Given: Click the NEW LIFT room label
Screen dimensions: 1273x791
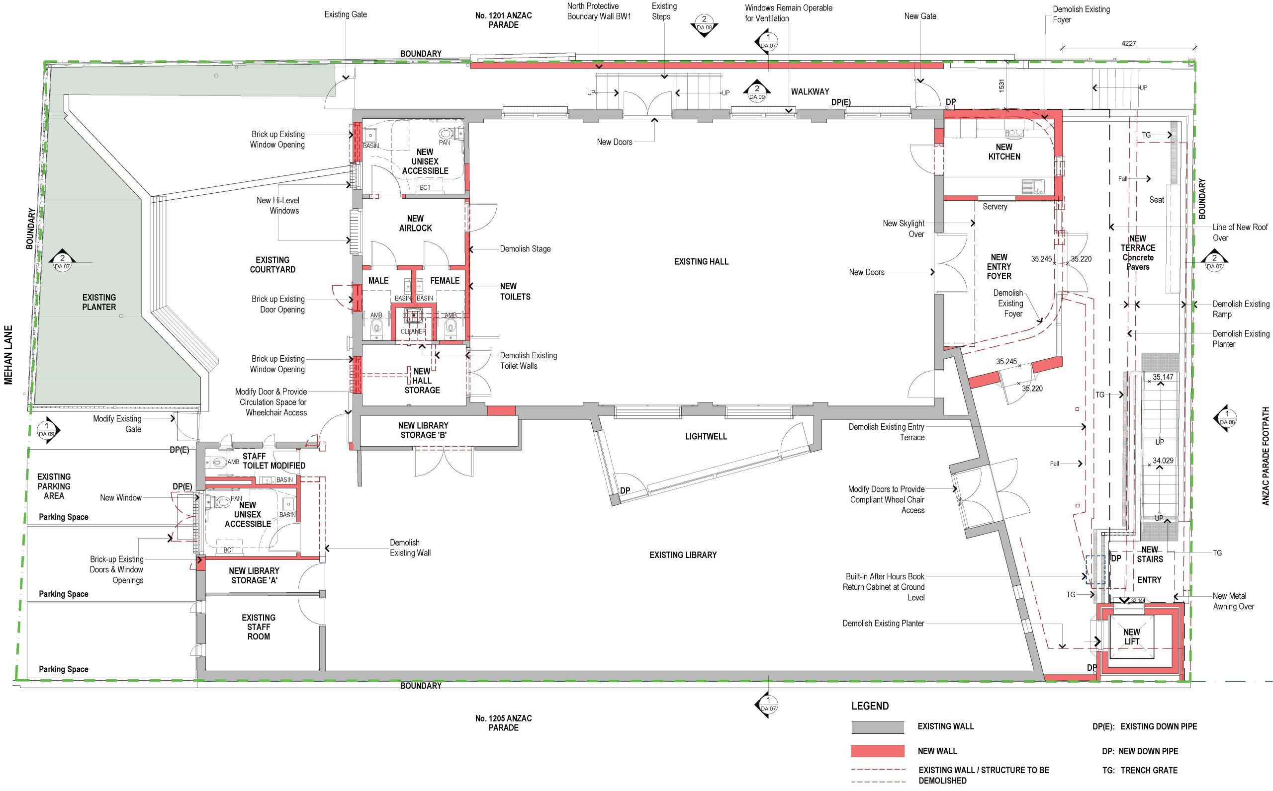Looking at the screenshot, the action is pyautogui.click(x=1131, y=636).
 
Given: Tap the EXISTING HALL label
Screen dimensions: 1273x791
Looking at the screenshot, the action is pyautogui.click(x=701, y=261).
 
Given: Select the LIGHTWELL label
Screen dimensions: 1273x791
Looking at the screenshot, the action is pyautogui.click(x=706, y=436).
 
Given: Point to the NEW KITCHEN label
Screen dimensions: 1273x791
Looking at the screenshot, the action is pyautogui.click(x=1004, y=152).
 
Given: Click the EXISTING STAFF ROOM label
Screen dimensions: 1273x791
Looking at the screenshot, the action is pyautogui.click(x=259, y=627).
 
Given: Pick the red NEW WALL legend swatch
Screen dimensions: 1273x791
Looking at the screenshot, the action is pyautogui.click(x=878, y=751).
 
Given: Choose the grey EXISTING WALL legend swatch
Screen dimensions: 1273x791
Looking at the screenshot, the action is pyautogui.click(x=878, y=727).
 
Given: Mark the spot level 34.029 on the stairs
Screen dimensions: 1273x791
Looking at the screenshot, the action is pyautogui.click(x=1163, y=461).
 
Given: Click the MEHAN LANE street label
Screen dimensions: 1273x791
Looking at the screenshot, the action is pyautogui.click(x=8, y=355).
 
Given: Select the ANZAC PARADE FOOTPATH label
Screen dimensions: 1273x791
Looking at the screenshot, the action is pyautogui.click(x=1266, y=456).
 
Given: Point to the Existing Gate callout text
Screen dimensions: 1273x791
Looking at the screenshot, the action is pyautogui.click(x=346, y=14).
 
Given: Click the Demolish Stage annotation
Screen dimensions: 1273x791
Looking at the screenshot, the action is pyautogui.click(x=525, y=249).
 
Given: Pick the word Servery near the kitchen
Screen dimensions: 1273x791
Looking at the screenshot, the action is pyautogui.click(x=995, y=207).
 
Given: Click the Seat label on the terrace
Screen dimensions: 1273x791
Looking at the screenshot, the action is pyautogui.click(x=1156, y=200).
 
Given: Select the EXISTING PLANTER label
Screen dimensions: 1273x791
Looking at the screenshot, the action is pyautogui.click(x=99, y=303).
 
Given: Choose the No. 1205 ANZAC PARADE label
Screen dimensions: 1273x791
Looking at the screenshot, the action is pyautogui.click(x=504, y=723).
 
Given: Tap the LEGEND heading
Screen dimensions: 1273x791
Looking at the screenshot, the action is pyautogui.click(x=870, y=706).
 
